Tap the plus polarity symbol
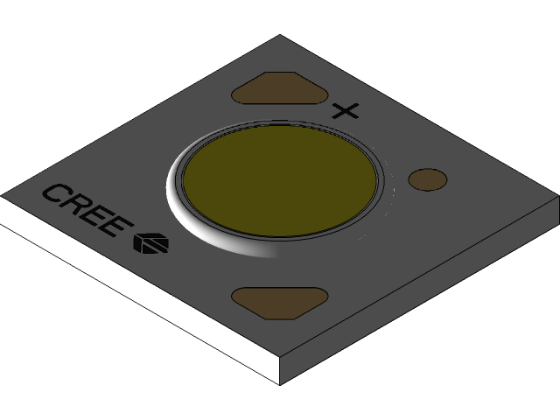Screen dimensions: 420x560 [346, 111]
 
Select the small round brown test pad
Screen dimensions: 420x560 [428, 179]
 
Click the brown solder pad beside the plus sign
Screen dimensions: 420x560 [279, 89]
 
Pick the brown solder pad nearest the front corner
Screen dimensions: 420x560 [279, 302]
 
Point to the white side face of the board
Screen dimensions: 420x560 [131, 297]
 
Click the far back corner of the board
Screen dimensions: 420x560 [280, 36]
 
